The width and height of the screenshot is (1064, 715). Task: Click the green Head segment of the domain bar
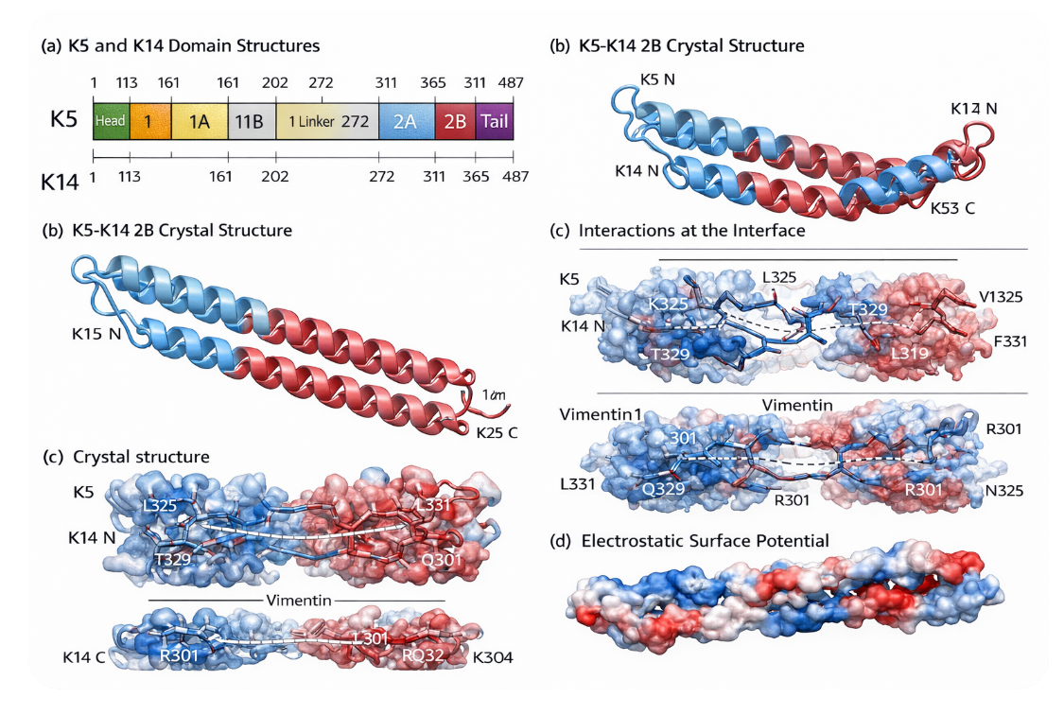(x=111, y=121)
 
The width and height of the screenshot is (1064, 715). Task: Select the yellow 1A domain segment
(x=199, y=121)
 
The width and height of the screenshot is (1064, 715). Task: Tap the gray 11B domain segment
(x=249, y=121)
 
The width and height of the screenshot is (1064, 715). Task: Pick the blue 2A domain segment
(x=406, y=121)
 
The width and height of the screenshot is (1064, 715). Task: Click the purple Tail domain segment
(x=494, y=121)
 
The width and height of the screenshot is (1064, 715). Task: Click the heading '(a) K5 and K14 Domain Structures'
(x=181, y=45)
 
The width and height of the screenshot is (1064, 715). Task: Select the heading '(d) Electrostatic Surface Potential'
(x=690, y=541)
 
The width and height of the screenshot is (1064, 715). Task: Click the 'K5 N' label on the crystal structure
(x=657, y=78)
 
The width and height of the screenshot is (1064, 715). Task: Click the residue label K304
(x=493, y=656)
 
